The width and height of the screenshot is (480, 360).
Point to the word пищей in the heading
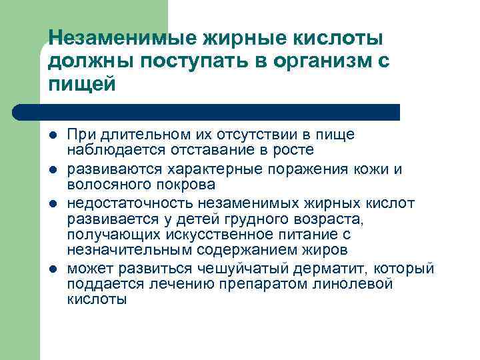point(82,85)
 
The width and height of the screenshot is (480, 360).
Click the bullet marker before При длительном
point(52,135)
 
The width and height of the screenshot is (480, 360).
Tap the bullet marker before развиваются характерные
point(52,169)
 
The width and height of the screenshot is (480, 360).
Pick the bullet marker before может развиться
point(52,268)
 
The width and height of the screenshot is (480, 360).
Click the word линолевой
point(361,284)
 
